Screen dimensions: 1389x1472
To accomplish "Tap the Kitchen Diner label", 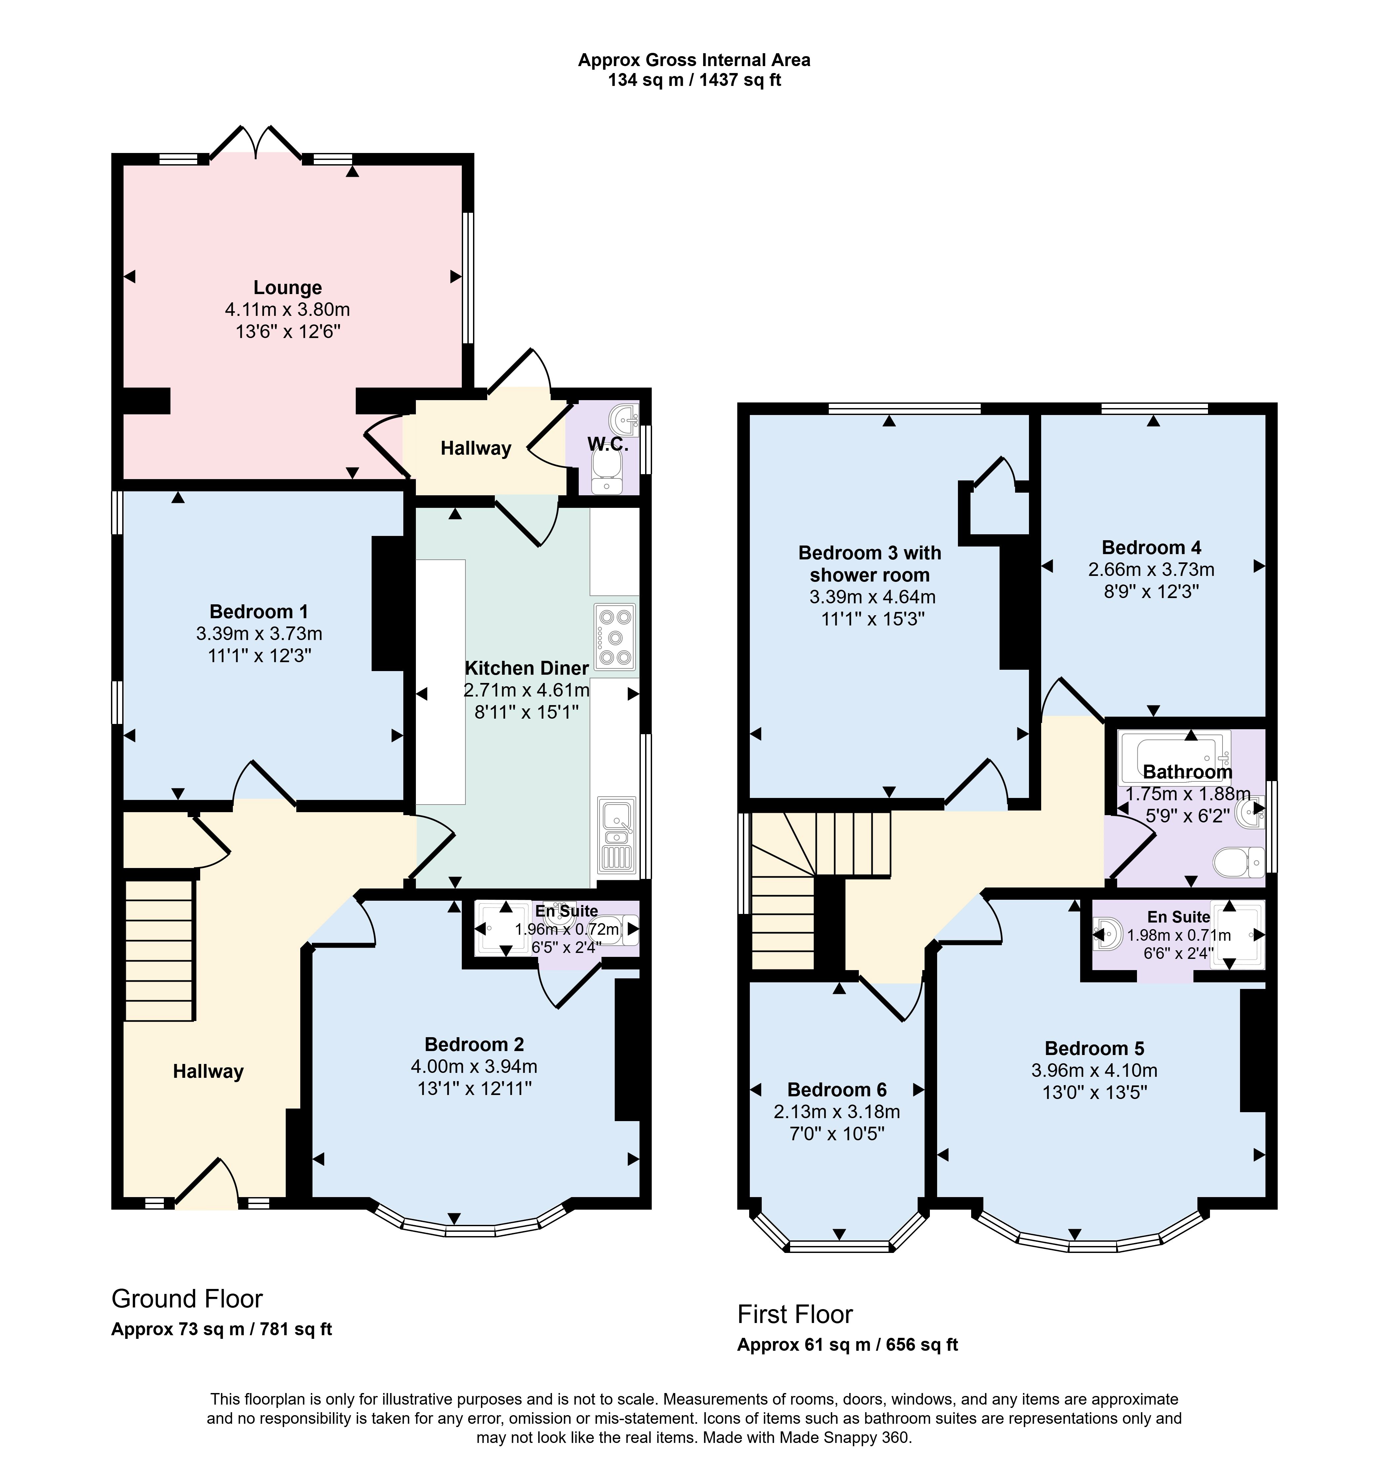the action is (x=527, y=668).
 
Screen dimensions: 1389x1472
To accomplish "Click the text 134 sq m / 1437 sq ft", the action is (x=694, y=80).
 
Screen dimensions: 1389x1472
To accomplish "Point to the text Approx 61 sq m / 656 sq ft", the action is (x=848, y=1345).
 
